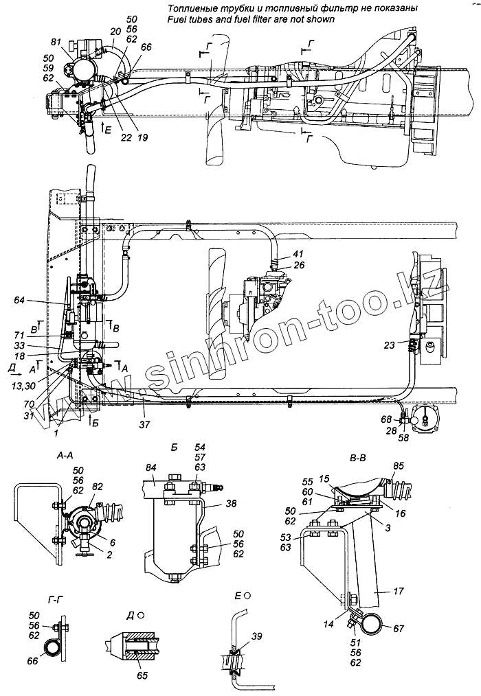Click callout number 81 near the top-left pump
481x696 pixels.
coord(56,43)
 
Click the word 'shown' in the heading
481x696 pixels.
coord(320,20)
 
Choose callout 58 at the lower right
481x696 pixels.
coord(403,438)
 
